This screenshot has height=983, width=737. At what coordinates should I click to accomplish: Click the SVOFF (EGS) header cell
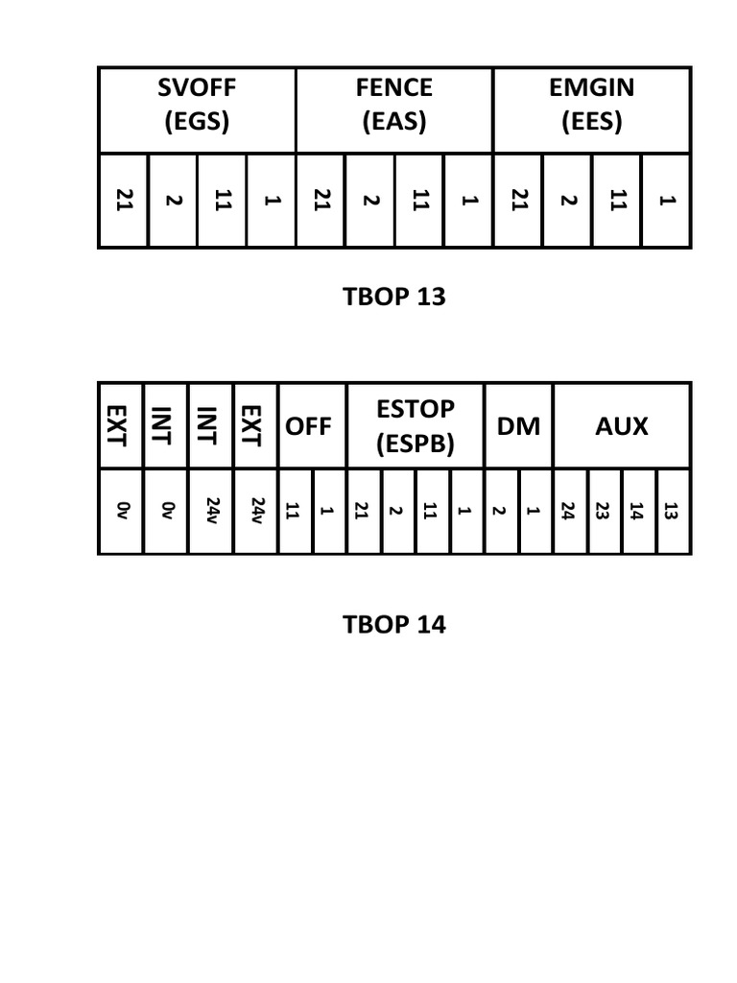[197, 105]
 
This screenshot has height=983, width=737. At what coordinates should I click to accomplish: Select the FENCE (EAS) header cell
[393, 105]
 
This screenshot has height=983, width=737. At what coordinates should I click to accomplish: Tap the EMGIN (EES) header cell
[591, 105]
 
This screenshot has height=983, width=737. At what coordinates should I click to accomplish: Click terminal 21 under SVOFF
[124, 201]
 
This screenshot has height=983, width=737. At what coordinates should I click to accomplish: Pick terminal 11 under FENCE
[419, 201]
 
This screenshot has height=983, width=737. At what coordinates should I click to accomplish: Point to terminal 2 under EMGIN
[568, 201]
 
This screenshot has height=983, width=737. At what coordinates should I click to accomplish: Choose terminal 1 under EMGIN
[667, 201]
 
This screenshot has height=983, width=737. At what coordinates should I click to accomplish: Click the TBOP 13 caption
[393, 297]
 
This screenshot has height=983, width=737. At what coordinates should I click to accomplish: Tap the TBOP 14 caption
[393, 625]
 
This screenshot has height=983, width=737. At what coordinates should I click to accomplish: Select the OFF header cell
[309, 425]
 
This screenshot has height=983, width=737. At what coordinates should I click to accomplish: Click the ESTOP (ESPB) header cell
[415, 425]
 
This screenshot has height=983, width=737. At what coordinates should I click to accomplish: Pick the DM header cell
[518, 425]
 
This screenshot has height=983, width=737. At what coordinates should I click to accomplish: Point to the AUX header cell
[622, 425]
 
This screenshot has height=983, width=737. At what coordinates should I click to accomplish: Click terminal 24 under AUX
[569, 511]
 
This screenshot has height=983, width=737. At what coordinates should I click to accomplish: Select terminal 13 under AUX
[672, 511]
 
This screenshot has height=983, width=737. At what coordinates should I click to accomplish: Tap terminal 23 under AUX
[604, 511]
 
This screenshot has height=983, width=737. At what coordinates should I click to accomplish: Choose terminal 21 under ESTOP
[362, 511]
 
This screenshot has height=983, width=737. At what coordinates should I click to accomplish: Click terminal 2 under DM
[500, 511]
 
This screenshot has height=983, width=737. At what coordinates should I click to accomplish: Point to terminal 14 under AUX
[637, 511]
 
